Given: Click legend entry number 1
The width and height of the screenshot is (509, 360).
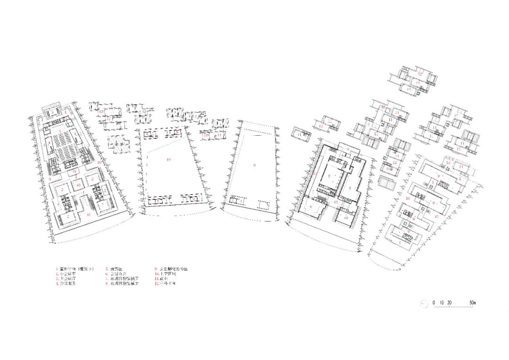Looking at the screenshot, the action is pyautogui.click(x=76, y=269).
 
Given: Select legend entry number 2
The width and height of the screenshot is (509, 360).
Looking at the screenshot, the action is pyautogui.click(x=66, y=273).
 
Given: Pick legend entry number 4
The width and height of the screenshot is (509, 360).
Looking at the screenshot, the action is pyautogui.click(x=66, y=284).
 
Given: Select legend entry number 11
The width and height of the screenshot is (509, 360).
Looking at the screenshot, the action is pyautogui.click(x=166, y=279).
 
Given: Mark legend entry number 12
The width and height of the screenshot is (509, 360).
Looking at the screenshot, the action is pyautogui.click(x=168, y=284).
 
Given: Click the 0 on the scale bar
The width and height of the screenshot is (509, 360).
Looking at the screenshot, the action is pyautogui.click(x=434, y=302).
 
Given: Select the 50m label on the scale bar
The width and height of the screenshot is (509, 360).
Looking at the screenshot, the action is pyautogui.click(x=472, y=302).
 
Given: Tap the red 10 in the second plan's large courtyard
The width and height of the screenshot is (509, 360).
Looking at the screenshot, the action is pyautogui.click(x=168, y=160).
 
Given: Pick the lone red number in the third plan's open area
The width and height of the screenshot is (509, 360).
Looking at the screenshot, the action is pyautogui.click(x=254, y=165).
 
